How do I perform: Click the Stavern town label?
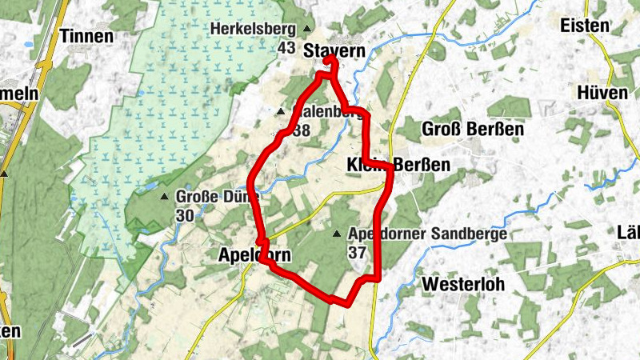click(334, 51)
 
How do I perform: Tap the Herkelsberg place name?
click(254, 30)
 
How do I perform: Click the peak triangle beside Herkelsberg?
click(307, 30)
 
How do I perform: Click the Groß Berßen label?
click(462, 129)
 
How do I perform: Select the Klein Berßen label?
click(398, 165)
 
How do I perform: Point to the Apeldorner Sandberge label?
click(427, 234)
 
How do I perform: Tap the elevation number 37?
click(357, 252)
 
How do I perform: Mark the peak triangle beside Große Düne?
click(164, 197)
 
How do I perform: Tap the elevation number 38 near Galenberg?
click(302, 130)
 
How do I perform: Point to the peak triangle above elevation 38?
click(281, 111)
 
